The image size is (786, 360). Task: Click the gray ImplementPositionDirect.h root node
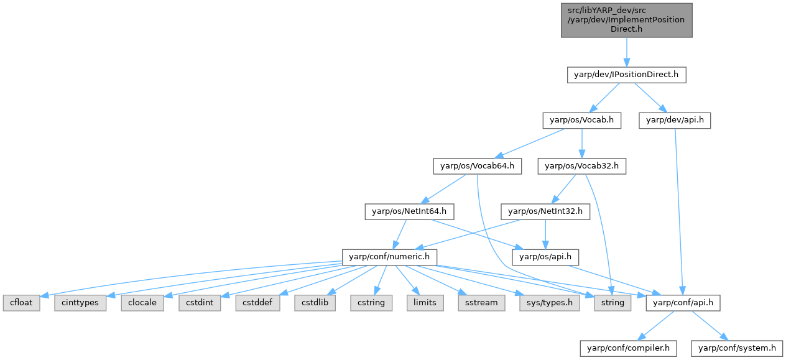(626, 20)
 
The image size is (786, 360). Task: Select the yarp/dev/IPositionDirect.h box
(626, 75)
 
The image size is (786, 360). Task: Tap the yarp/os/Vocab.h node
(581, 121)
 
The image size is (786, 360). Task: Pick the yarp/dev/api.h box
(675, 121)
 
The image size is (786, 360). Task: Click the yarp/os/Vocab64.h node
(478, 166)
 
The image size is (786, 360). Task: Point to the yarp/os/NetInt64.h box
(409, 211)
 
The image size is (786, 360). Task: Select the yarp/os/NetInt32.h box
(545, 211)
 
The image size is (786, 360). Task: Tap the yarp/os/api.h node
(545, 257)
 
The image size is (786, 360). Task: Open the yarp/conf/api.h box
(683, 303)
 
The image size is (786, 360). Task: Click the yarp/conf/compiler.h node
(627, 348)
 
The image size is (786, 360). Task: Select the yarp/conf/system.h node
(737, 348)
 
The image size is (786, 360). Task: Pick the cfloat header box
(21, 303)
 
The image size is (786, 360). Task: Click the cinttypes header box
(80, 303)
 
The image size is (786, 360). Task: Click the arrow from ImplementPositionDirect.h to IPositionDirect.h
(626, 52)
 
